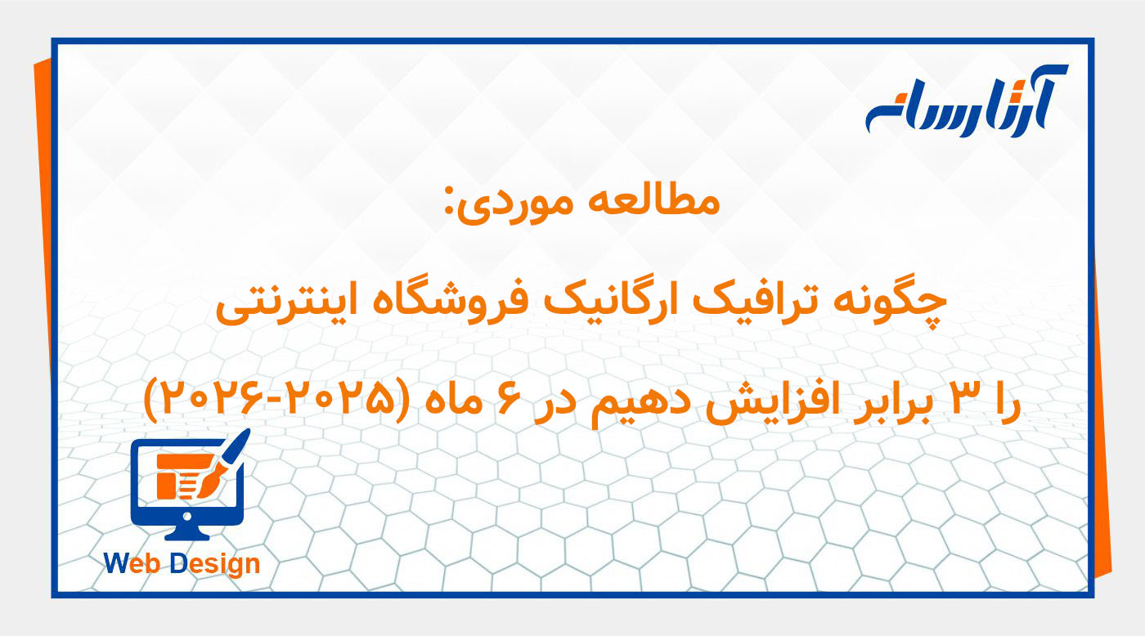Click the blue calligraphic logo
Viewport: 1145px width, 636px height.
tap(965, 102)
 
